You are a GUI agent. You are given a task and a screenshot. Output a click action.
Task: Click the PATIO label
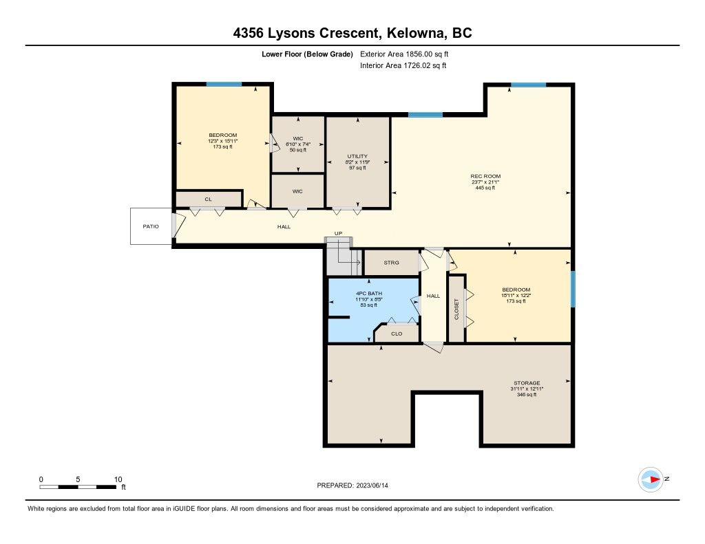[151, 226]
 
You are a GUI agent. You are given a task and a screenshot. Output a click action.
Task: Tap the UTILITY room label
[357, 156]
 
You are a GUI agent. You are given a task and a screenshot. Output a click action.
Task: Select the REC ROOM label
[485, 176]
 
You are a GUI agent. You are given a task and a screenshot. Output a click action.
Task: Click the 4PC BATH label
[369, 294]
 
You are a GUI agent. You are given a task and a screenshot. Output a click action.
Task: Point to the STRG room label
[391, 262]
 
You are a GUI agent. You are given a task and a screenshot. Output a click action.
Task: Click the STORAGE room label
[527, 383]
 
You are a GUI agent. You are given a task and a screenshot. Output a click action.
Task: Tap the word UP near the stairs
[338, 233]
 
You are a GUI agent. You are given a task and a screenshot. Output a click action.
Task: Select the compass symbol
[651, 479]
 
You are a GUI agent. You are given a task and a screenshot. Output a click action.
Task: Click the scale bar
[78, 487]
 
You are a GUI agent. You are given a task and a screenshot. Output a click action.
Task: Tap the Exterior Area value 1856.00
[419, 54]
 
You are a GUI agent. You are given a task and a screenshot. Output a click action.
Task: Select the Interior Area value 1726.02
[417, 65]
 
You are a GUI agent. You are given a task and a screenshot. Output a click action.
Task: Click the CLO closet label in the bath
[397, 334]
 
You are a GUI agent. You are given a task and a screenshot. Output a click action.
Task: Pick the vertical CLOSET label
[456, 309]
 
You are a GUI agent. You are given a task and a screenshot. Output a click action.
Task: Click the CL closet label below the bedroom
[208, 199]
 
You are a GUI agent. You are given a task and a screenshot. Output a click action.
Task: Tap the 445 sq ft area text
[485, 188]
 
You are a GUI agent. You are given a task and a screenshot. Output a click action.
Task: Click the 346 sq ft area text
[527, 394]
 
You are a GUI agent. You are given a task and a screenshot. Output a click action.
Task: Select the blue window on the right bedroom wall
[573, 289]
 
